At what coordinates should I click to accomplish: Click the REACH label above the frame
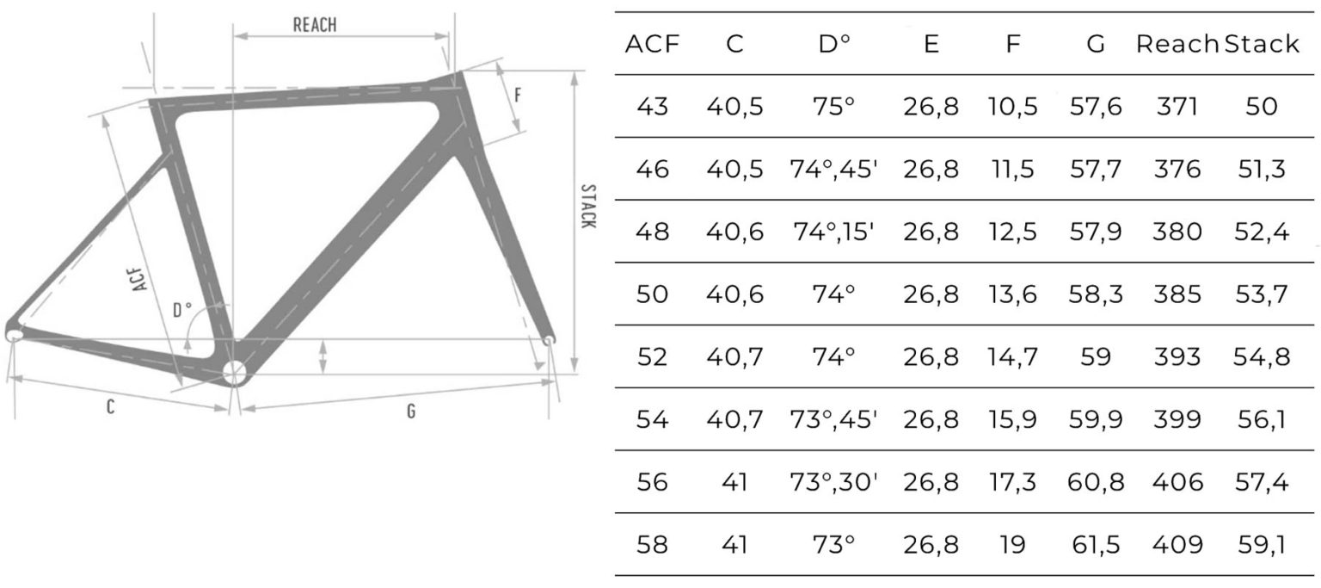point(315,25)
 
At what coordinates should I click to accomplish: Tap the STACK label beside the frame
point(588,206)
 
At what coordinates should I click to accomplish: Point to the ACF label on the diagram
point(138,279)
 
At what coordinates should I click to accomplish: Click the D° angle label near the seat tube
point(181,309)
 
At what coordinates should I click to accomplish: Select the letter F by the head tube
point(518,95)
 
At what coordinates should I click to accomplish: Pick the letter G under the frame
point(411,411)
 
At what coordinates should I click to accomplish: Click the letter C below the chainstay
point(110,406)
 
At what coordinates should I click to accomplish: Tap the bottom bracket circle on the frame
point(234,373)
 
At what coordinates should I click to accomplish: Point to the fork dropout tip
point(549,340)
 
